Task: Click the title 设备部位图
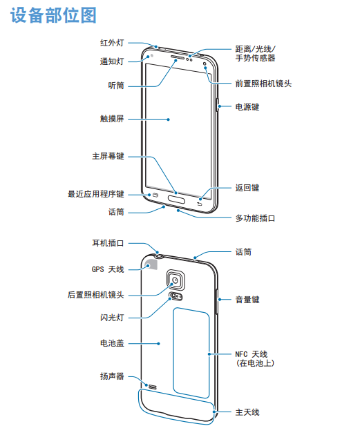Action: click(x=53, y=15)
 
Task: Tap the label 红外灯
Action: click(x=112, y=43)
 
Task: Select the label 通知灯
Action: click(x=112, y=61)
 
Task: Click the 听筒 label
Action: click(x=116, y=86)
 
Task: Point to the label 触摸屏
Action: click(x=112, y=119)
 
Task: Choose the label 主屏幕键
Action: click(x=108, y=156)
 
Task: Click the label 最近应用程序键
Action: click(x=96, y=194)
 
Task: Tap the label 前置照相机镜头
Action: click(x=263, y=84)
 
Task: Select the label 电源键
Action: click(x=247, y=107)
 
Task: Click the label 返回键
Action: click(x=247, y=188)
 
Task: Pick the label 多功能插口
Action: click(x=256, y=218)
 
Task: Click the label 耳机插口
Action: click(x=108, y=243)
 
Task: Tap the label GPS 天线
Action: click(x=108, y=269)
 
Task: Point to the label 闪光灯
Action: click(x=112, y=318)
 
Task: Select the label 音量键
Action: click(x=247, y=300)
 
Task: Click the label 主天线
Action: click(x=247, y=412)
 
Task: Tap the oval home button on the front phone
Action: click(x=176, y=199)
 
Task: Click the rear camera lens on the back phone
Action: click(x=176, y=280)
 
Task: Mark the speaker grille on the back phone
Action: click(x=153, y=387)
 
